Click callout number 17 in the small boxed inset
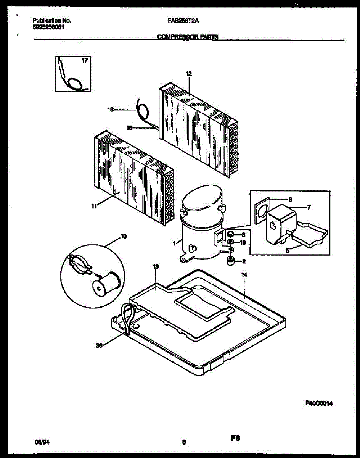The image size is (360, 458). tap(85, 61)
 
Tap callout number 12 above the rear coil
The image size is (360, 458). tap(188, 74)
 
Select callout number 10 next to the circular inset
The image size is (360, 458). tap(123, 237)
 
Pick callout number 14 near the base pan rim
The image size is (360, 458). tap(244, 274)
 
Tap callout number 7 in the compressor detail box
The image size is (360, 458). tap(309, 208)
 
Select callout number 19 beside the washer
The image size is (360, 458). tap(243, 242)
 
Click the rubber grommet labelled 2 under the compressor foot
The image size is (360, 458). tap(231, 261)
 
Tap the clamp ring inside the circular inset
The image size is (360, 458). tap(81, 263)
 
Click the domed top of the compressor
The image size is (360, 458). tap(201, 202)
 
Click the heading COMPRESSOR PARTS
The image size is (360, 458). tap(188, 37)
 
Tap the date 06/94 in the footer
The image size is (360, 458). tap(42, 442)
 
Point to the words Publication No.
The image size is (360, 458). tap(51, 21)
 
